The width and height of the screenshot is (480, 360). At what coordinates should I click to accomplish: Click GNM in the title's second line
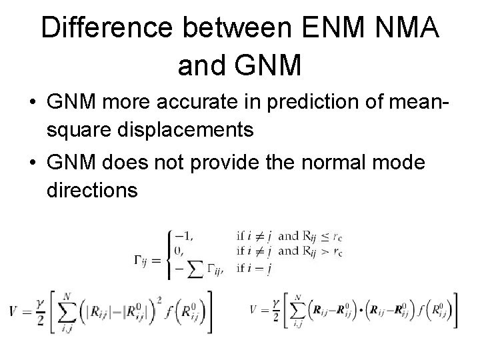click(x=269, y=65)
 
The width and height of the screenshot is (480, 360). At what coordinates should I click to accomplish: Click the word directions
click(x=93, y=190)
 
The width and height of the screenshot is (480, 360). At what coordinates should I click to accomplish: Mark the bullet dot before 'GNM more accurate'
click(x=32, y=105)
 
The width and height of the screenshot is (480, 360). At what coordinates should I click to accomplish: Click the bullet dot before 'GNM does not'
click(x=32, y=165)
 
